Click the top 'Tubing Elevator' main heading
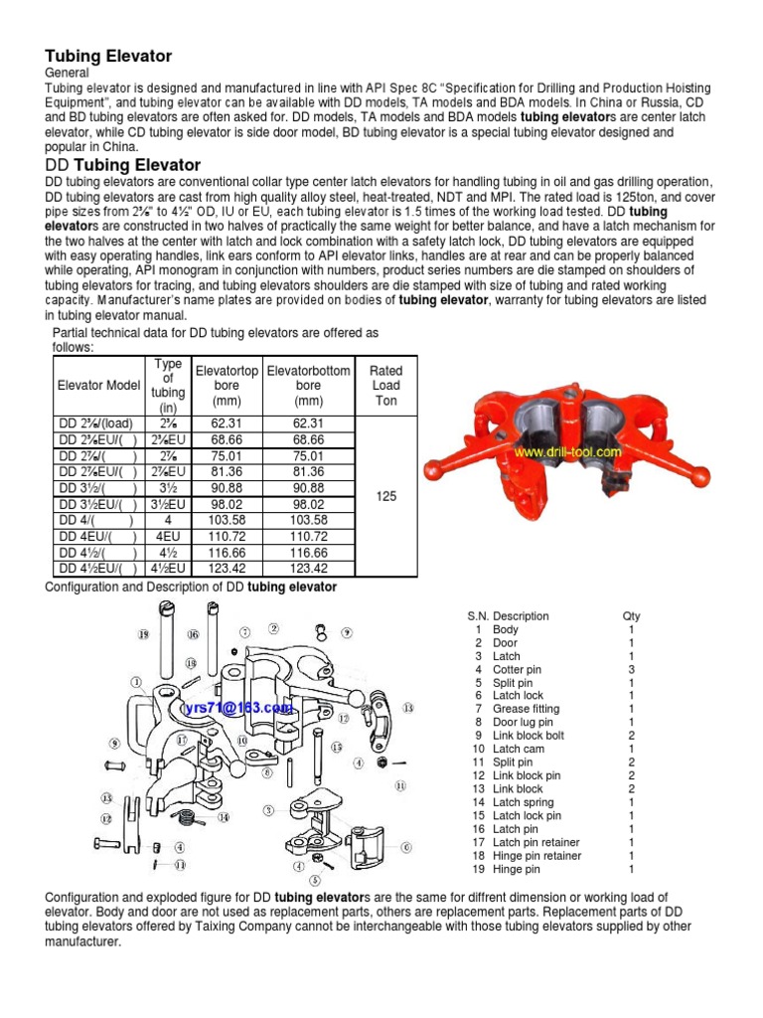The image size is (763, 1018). tap(108, 57)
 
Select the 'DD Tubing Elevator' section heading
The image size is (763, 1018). tap(123, 165)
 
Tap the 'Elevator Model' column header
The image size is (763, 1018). tap(98, 385)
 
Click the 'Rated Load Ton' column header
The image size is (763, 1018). tap(385, 385)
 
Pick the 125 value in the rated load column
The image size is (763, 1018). tap(386, 495)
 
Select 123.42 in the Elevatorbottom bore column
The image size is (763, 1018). tap(309, 569)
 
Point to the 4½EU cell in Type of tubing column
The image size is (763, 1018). tap(169, 569)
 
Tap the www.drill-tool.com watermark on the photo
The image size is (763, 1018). tap(566, 451)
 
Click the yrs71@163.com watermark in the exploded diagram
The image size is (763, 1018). tap(238, 707)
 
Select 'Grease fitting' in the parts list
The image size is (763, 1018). tap(526, 709)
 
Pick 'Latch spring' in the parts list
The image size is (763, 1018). tap(523, 802)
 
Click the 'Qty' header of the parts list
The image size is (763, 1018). tap(631, 616)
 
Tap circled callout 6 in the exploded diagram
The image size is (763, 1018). tap(406, 847)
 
